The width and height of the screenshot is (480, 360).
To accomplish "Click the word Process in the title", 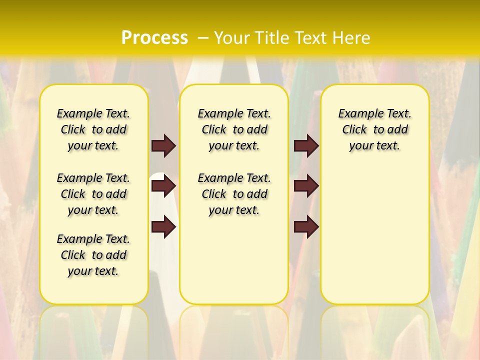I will coord(154,38).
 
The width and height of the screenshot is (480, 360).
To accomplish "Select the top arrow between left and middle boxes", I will coord(163,145).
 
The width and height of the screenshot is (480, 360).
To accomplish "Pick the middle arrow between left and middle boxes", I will coord(163,186).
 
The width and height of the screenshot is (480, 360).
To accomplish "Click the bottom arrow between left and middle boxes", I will coord(163,227).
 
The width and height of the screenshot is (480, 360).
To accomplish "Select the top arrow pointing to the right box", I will coord(306,145).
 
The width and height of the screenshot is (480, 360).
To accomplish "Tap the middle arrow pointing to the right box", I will coord(306,186).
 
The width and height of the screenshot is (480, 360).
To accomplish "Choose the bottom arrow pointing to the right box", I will coord(306,227).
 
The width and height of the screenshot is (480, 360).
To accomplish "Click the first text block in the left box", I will coord(93,129).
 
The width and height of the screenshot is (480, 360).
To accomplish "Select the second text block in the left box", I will coord(93,194).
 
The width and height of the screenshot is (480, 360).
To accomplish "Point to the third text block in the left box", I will coord(93,255).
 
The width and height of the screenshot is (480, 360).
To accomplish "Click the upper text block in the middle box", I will coord(234,129).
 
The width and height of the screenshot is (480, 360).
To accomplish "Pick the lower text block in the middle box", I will coord(234,194).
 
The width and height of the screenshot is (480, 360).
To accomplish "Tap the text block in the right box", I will coord(374,129).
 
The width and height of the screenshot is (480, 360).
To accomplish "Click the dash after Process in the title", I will coord(203,38).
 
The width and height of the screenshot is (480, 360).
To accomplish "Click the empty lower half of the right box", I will coord(374,240).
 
